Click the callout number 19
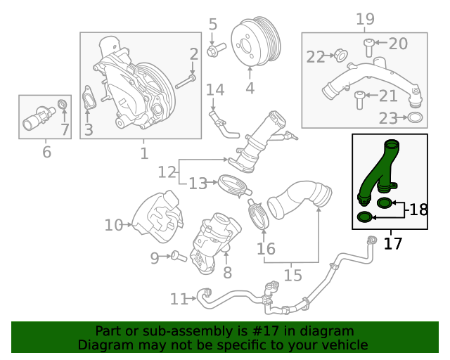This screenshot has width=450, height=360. [365, 19]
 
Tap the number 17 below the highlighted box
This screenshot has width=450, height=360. [392, 243]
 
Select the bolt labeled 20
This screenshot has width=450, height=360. [368, 48]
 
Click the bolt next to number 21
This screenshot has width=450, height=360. [359, 100]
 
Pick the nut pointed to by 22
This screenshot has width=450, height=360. [340, 56]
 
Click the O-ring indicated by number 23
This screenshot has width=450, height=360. [415, 117]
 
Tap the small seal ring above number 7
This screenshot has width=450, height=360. [63, 104]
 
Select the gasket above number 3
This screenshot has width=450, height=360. [89, 98]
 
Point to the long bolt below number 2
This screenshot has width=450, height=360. [186, 82]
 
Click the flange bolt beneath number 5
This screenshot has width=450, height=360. [216, 50]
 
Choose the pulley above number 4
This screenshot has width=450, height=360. [256, 41]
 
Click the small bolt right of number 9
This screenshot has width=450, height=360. [179, 256]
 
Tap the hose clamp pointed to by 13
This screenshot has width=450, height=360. [235, 186]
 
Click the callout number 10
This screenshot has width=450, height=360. [114, 225]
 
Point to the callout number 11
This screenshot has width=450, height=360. [179, 299]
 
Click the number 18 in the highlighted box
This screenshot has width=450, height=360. [418, 210]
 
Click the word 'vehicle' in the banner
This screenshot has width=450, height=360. [347, 345]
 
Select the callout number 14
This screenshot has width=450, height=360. [215, 89]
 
